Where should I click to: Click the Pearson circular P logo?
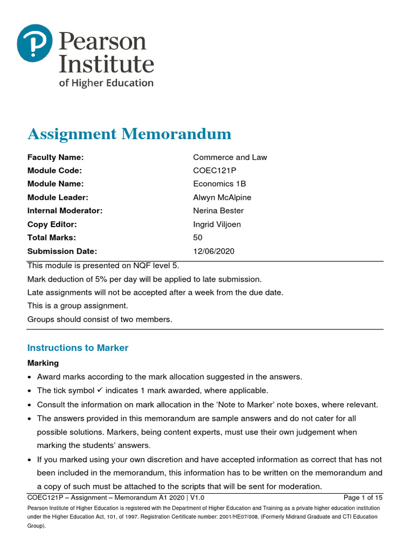click(35, 43)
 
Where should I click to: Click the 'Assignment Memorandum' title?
click(129, 133)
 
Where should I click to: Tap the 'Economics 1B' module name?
click(219, 184)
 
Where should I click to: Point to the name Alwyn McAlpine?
click(222, 197)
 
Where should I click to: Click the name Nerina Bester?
click(219, 211)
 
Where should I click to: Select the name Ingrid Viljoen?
click(217, 224)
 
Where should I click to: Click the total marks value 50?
click(198, 238)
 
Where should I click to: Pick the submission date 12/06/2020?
click(214, 251)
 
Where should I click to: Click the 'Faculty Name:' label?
click(56, 157)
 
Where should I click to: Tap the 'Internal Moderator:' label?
click(65, 211)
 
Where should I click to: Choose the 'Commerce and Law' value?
click(230, 157)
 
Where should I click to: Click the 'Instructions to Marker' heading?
click(78, 348)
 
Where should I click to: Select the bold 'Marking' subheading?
click(43, 363)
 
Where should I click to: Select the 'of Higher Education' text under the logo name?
click(106, 83)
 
